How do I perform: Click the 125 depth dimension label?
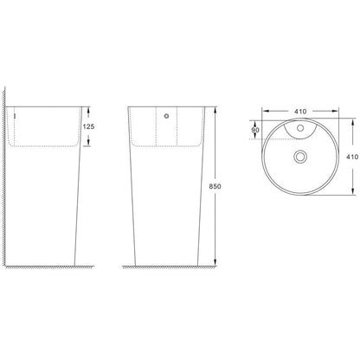88,126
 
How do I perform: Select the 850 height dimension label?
215,186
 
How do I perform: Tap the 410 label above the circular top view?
300,112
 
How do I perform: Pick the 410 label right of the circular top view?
352,157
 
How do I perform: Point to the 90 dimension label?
255,130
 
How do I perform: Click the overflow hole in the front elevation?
166,116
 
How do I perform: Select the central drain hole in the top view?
300,157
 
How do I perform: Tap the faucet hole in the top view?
300,127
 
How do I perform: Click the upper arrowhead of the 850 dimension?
215,110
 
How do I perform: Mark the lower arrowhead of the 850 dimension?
215,261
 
